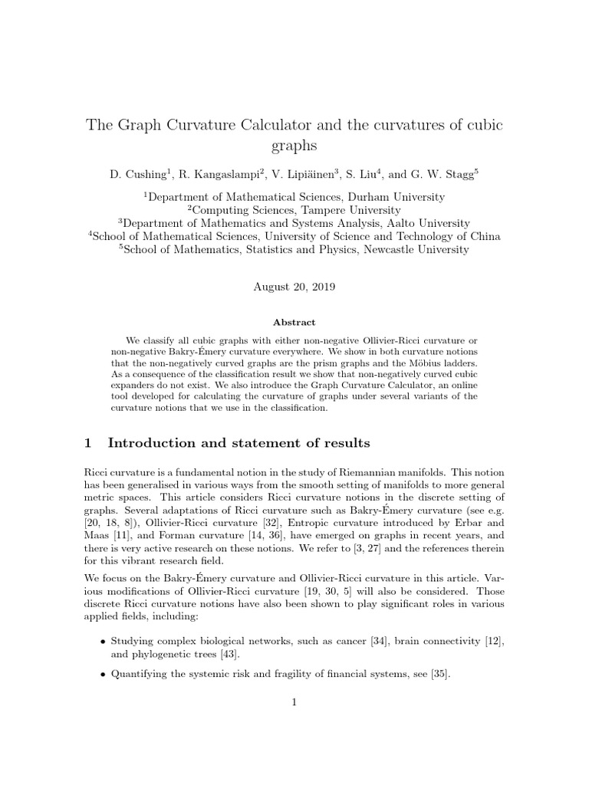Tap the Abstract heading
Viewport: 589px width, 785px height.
[x=294, y=323]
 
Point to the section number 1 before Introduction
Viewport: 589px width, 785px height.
[x=87, y=443]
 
